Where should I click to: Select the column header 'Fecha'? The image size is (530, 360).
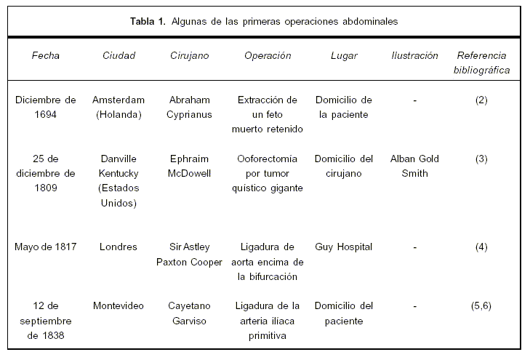[46, 56]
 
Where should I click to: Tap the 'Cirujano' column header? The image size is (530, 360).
[189, 56]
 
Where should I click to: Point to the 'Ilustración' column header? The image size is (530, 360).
[414, 56]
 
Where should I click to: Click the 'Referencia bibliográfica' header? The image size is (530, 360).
[481, 63]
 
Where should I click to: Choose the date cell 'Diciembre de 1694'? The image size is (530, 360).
[46, 108]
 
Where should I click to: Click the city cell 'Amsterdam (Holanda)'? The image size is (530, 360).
[119, 108]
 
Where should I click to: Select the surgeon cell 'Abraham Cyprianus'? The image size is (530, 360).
[189, 108]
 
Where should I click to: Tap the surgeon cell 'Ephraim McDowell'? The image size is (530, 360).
[189, 166]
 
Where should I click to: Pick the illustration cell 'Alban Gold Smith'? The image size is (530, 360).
[414, 166]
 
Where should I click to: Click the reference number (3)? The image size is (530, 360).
[481, 159]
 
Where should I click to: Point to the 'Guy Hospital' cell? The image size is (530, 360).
[343, 247]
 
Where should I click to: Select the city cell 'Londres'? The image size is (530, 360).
[119, 247]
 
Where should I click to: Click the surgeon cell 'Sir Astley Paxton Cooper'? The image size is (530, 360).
[189, 255]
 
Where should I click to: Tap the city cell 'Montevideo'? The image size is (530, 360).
[119, 306]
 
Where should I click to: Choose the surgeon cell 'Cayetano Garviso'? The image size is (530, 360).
[189, 313]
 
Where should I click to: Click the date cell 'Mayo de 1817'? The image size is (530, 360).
[46, 247]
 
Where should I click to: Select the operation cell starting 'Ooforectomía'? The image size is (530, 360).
[268, 173]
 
